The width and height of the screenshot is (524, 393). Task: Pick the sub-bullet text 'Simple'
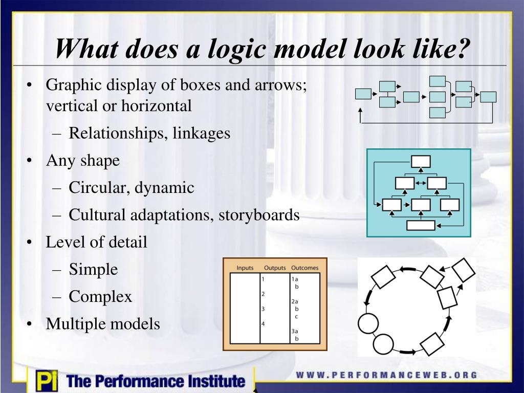click(94, 269)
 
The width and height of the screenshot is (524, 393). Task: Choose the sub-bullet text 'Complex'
click(101, 296)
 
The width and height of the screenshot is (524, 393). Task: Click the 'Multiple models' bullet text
click(103, 323)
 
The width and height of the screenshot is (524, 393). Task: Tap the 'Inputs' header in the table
click(245, 268)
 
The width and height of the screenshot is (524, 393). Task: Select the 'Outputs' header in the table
click(275, 268)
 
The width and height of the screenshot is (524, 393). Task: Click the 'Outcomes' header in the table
click(304, 268)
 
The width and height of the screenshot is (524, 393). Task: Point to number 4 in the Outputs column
click(263, 324)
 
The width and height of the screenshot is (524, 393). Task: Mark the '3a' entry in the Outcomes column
click(295, 331)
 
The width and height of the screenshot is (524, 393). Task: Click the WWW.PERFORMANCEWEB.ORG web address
click(387, 375)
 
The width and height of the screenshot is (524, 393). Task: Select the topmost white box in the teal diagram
click(420, 162)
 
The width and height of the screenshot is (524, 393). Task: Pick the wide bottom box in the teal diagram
click(420, 225)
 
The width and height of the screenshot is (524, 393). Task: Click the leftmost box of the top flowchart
click(363, 94)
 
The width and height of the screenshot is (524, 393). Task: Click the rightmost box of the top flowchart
click(489, 97)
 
